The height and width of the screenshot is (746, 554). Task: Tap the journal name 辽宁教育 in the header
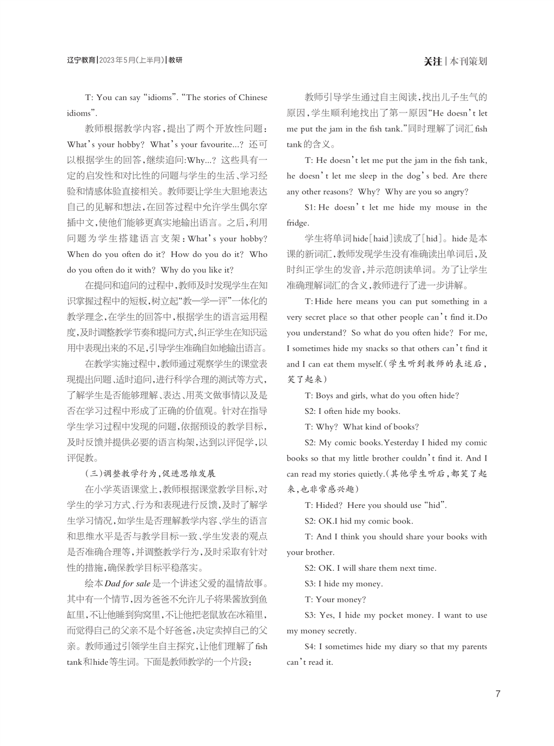81,60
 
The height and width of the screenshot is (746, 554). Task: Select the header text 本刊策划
469,61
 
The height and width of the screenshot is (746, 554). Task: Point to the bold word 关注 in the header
432,61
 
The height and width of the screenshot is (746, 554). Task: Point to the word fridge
298,223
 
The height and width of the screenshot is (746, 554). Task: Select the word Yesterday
401,443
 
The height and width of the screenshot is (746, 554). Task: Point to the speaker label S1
309,207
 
